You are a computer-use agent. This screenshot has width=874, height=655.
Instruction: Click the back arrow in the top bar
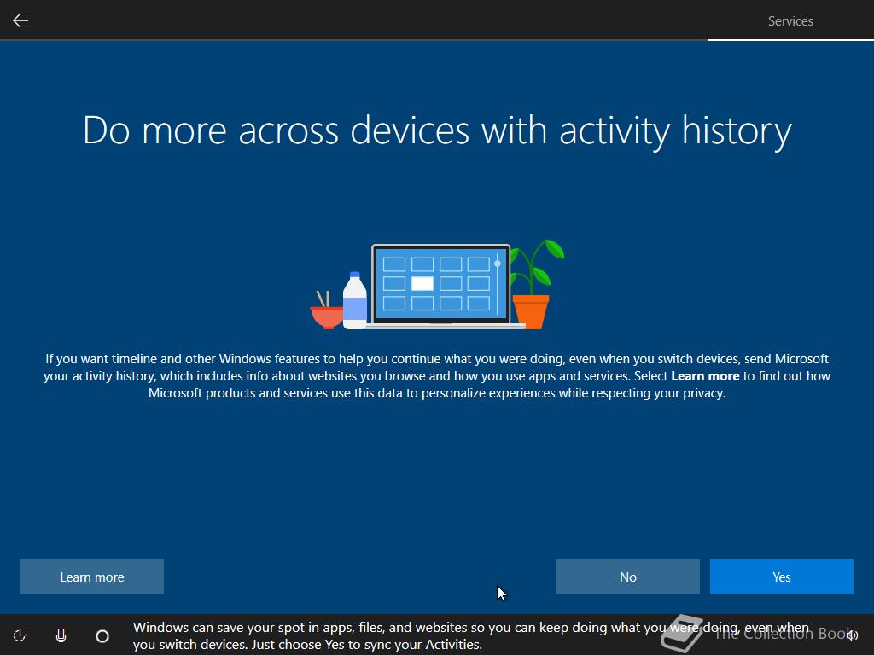(x=20, y=20)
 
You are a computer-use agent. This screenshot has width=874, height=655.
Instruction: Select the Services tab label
(x=790, y=21)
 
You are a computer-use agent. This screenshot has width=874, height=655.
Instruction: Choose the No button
(x=627, y=577)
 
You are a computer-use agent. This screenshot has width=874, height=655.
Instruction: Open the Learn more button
(x=92, y=577)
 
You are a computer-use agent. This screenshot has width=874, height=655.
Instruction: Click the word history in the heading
(x=737, y=130)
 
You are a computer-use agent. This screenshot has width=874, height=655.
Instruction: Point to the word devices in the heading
(x=410, y=130)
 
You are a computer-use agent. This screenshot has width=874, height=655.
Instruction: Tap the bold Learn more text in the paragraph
(x=705, y=376)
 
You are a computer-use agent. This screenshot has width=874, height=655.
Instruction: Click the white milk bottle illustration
(x=354, y=301)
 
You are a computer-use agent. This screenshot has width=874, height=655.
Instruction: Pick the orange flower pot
(x=531, y=312)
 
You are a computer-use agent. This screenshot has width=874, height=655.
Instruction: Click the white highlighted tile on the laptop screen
(x=422, y=283)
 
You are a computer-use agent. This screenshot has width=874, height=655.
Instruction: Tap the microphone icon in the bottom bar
(x=61, y=635)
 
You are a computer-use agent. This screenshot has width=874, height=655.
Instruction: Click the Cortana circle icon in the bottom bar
(x=102, y=635)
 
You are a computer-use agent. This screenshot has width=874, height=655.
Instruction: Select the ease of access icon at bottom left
(x=20, y=635)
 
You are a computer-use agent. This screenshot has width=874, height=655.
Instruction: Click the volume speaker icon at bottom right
(x=852, y=635)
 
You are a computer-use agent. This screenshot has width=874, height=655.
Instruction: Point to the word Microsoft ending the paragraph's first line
(x=801, y=359)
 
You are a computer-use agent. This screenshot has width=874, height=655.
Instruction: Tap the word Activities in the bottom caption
(x=453, y=645)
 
